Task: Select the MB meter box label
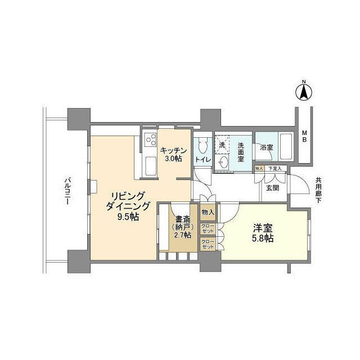[x=304, y=136]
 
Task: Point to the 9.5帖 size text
[x=129, y=216]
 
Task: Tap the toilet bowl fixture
[x=202, y=146]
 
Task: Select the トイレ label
[x=202, y=160]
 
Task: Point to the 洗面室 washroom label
[x=240, y=151]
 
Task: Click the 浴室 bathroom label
[x=267, y=147]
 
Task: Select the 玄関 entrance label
[x=272, y=188]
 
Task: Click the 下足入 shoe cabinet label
[x=275, y=168]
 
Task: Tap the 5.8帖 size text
[x=263, y=238]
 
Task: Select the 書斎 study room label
[x=182, y=219]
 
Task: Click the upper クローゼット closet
[x=208, y=229]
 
